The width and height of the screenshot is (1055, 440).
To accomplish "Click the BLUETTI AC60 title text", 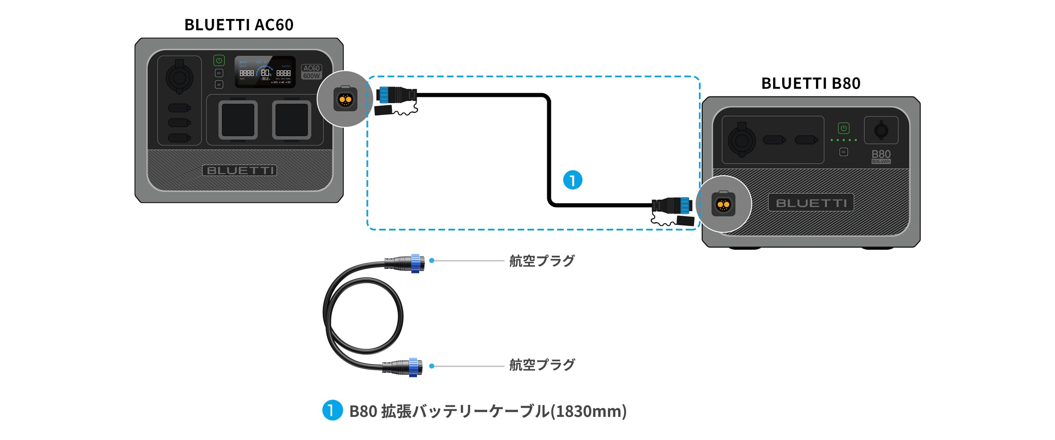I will point(239,25).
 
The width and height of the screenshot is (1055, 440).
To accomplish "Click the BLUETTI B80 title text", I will point(811,83).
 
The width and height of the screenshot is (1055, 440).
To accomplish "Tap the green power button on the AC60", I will point(219,61).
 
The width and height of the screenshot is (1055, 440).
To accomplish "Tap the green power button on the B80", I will point(844,128).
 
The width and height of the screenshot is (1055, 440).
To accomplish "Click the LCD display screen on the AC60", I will point(265,72).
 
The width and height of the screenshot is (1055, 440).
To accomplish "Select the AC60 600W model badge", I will point(311,72).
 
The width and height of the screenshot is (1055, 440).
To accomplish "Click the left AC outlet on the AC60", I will point(238,120).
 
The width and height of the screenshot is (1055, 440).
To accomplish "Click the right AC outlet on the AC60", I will point(291,120).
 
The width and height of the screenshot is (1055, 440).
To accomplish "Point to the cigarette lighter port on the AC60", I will point(179,77).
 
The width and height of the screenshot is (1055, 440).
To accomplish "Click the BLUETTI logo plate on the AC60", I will point(239,170).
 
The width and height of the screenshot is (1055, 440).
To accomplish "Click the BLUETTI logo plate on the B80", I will point(811,203).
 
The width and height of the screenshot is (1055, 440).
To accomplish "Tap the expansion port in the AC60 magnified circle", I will point(345,99).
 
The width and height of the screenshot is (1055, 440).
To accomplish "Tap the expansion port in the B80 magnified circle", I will point(723,204).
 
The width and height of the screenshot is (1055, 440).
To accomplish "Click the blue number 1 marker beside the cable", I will point(572,180).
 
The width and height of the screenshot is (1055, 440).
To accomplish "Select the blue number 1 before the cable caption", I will point(332,410).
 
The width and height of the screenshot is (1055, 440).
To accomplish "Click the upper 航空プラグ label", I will point(542,261).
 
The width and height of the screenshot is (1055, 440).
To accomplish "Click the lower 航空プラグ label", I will point(542,365).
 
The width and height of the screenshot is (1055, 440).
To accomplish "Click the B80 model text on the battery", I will point(881,155).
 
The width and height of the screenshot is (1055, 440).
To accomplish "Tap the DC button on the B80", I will point(844,152).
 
